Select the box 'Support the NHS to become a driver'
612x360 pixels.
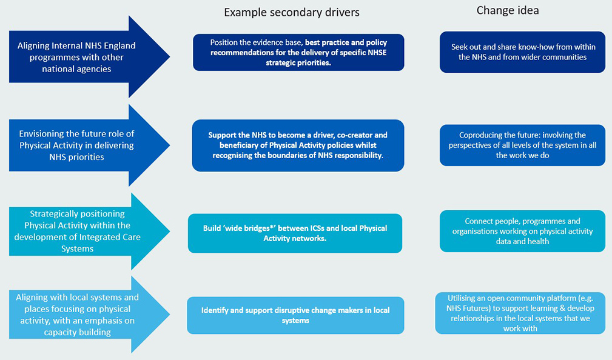tap(298, 145)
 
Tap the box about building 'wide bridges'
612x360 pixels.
tap(295, 233)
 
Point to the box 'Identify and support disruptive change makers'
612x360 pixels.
tap(295, 315)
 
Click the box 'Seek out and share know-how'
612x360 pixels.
tap(522, 52)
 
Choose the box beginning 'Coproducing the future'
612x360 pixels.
tap(522, 145)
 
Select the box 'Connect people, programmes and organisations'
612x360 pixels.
tap(522, 231)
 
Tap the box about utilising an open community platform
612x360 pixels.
tap(520, 313)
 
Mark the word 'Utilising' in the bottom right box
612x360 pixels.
tap(464, 298)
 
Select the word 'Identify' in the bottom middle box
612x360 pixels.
tap(217, 310)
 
